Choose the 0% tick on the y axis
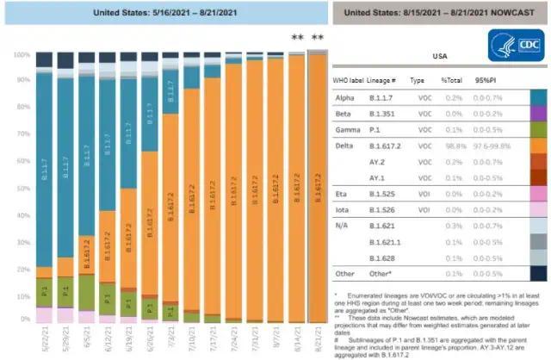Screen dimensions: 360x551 (23, 319)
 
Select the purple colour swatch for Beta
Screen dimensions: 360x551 (538, 112)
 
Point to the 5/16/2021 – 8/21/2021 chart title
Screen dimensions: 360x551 (164, 13)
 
